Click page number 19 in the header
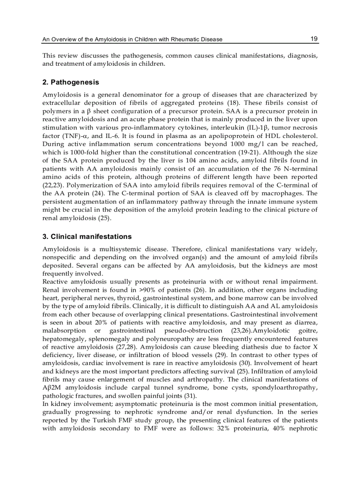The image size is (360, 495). pyautogui.click(x=314, y=39)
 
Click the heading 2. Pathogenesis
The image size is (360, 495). pyautogui.click(x=71, y=82)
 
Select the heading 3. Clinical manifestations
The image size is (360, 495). pyautogui.click(x=87, y=237)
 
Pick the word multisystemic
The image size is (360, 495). pyautogui.click(x=112, y=249)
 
